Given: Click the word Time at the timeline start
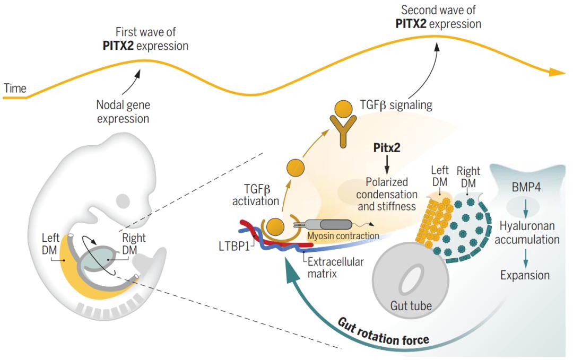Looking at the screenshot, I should pos(15,89).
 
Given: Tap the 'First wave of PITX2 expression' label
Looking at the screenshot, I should pos(145,39).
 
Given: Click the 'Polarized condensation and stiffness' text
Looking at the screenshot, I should pos(387,195).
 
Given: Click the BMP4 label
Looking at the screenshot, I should pos(524,189).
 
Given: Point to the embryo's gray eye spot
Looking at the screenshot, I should pos(123,201).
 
